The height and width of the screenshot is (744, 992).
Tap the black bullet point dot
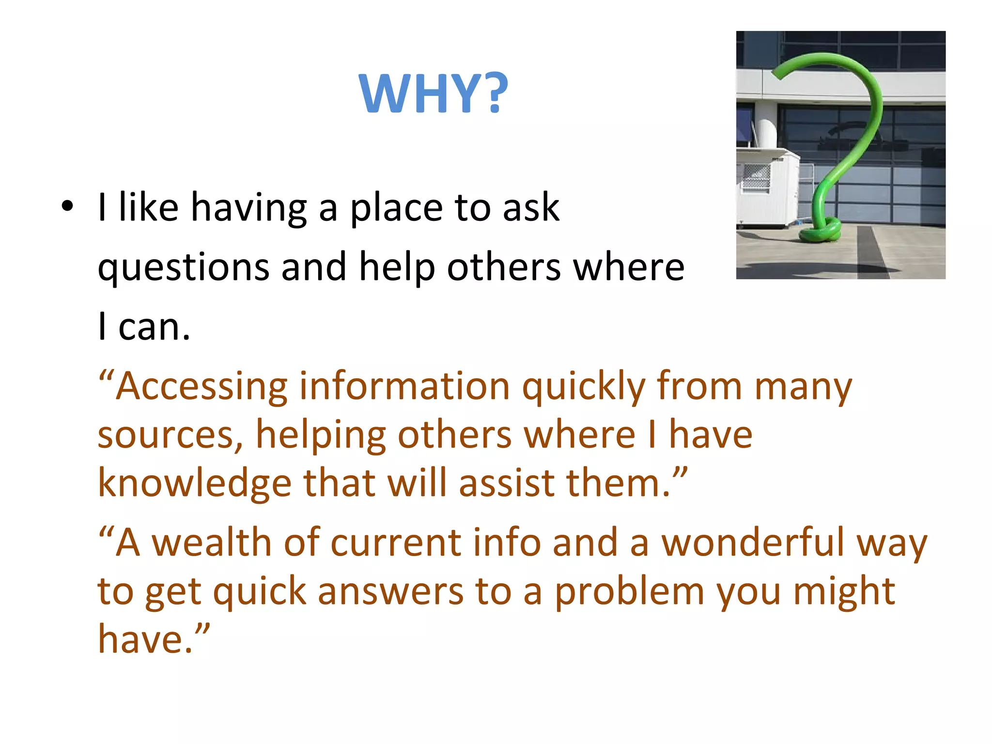[67, 207]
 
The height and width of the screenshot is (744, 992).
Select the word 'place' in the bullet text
[396, 208]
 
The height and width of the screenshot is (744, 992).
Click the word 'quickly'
[584, 387]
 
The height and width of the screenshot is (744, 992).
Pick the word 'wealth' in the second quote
[212, 542]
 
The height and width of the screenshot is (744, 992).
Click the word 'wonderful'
[753, 542]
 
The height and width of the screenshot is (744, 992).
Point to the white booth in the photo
[768, 189]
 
